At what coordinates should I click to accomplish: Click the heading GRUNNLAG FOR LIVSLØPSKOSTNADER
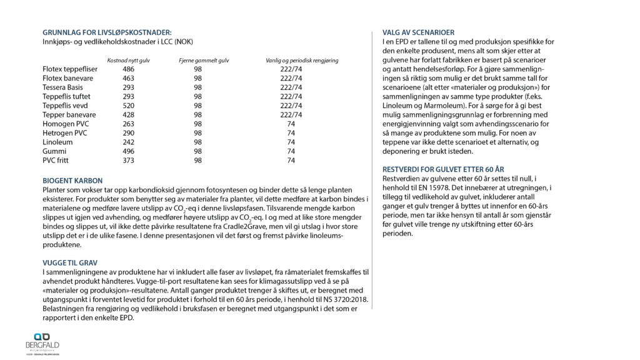click(106, 32)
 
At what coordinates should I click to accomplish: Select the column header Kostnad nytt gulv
click(129, 60)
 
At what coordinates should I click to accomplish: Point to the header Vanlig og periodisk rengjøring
click(302, 60)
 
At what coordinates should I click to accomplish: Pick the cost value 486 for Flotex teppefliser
click(129, 69)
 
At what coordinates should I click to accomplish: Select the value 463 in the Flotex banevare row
click(129, 78)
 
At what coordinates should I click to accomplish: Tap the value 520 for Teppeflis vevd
click(129, 106)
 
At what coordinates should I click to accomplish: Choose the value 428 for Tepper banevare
click(129, 115)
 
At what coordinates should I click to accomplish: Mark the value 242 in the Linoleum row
click(129, 142)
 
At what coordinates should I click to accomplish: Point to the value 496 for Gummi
click(129, 151)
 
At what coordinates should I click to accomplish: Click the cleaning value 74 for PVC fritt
click(291, 160)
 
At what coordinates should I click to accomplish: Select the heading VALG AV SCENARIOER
click(418, 32)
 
